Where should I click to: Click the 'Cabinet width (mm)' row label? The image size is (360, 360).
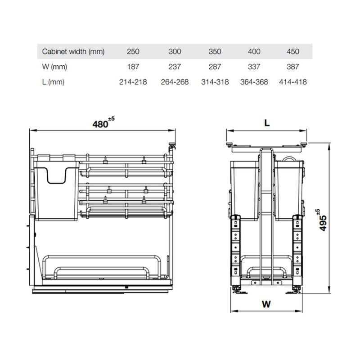click(x=73, y=52)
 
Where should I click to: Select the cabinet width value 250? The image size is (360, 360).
click(x=133, y=52)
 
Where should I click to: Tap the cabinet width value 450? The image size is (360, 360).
click(x=292, y=52)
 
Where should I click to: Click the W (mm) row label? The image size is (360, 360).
click(x=54, y=67)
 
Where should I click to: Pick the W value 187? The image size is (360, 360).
click(x=133, y=67)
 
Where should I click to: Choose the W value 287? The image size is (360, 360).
click(x=215, y=67)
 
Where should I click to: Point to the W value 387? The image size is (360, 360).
click(x=292, y=67)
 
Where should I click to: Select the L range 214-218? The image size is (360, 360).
click(x=133, y=82)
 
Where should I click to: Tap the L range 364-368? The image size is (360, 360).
click(x=254, y=82)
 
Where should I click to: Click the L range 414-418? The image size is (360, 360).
click(x=292, y=82)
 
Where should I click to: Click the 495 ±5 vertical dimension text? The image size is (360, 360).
click(x=322, y=220)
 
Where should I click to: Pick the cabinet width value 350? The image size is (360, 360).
click(x=215, y=52)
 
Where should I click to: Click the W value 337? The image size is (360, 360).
click(x=254, y=67)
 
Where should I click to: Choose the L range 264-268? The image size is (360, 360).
click(x=175, y=82)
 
